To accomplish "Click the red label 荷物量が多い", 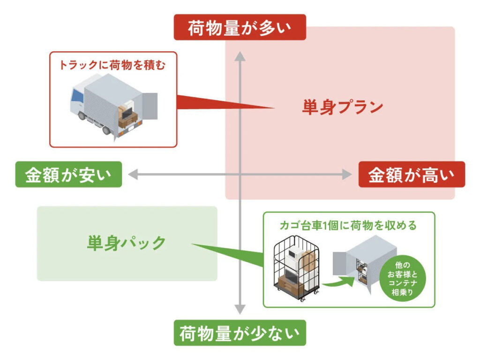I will (x=240, y=27).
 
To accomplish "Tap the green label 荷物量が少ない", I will (x=240, y=333).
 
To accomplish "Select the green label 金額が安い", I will (x=68, y=174).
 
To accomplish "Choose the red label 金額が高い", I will (x=412, y=174).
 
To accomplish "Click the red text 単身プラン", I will (x=342, y=107).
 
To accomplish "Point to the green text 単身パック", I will (x=127, y=243).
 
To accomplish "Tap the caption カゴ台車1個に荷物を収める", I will (x=348, y=225).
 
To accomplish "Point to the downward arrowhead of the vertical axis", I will (x=240, y=309).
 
